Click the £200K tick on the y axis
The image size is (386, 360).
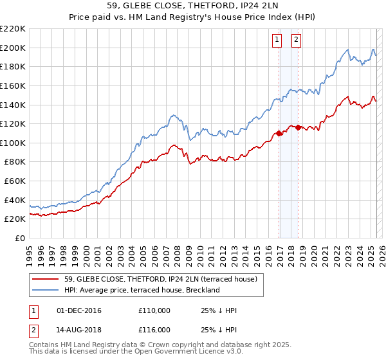point(13,48)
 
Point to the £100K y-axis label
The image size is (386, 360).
point(13,143)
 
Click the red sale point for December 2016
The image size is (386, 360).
point(279,133)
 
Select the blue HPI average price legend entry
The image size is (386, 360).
point(142,290)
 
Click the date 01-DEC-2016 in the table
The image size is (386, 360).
point(80,311)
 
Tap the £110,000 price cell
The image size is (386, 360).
point(154,311)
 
